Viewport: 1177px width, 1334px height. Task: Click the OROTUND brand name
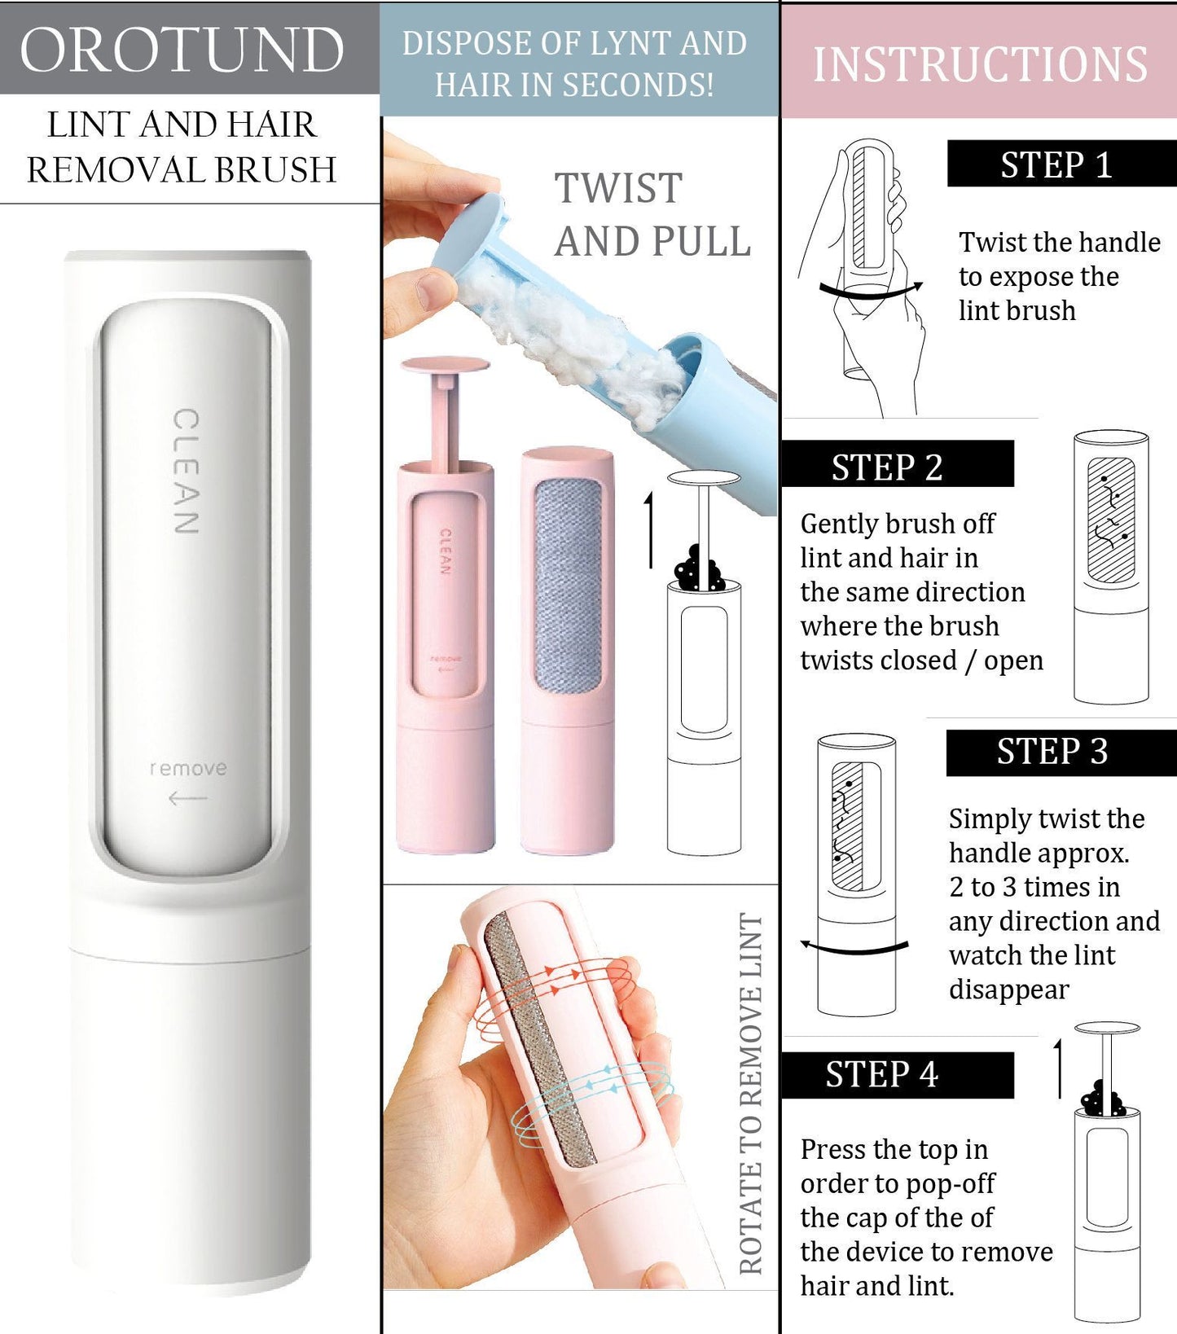(182, 50)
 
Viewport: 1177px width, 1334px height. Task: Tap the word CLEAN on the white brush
(187, 472)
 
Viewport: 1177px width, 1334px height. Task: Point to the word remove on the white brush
(188, 768)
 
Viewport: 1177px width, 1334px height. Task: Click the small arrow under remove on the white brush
(187, 799)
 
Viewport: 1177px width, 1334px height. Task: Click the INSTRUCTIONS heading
(980, 64)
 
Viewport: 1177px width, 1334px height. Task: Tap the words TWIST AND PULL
(652, 215)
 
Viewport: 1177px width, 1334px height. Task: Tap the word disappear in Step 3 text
(1008, 990)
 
